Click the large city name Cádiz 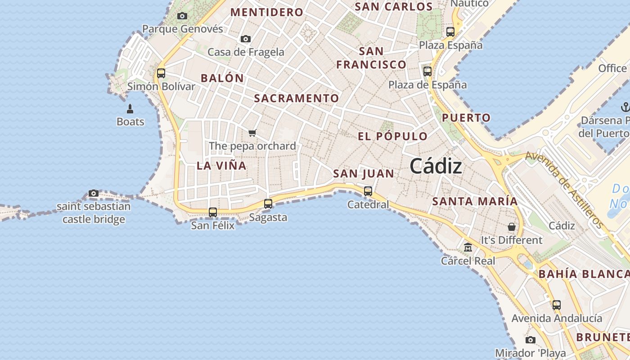[436, 167]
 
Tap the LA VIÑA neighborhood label [221, 166]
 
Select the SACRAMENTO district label [297, 98]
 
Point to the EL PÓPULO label [393, 136]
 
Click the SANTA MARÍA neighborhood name [475, 202]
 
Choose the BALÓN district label [222, 78]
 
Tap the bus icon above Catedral [368, 191]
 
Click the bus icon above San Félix [213, 212]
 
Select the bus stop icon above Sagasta [268, 203]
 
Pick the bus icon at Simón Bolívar [161, 73]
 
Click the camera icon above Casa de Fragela [245, 39]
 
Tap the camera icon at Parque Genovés [182, 16]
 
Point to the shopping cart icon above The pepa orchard [252, 133]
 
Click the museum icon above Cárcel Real [468, 247]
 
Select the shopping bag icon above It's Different [512, 227]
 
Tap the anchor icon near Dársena [625, 107]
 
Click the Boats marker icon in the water [130, 108]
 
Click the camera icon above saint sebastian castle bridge [94, 193]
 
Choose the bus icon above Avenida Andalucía [557, 305]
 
